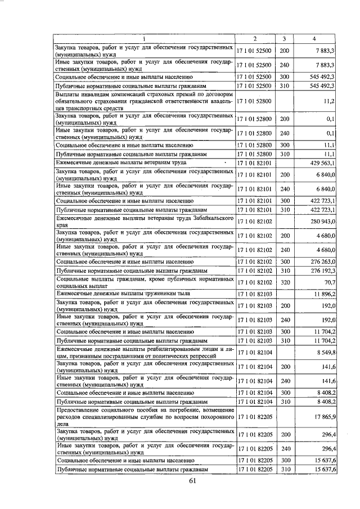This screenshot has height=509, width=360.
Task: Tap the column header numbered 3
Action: tap(284, 39)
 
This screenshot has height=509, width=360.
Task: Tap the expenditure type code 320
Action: tap(284, 282)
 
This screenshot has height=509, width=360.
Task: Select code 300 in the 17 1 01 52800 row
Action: tap(284, 145)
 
